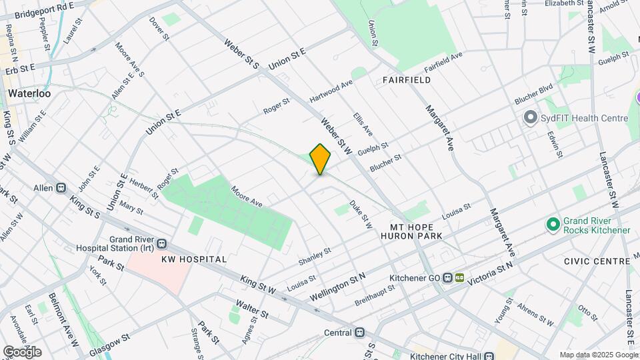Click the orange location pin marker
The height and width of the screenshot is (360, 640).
pos(320,159)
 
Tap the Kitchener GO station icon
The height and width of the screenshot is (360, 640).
pos(453,278)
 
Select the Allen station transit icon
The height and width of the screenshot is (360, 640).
pos(61,189)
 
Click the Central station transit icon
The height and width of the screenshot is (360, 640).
pos(360,333)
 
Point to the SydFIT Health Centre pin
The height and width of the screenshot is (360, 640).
pos(531,118)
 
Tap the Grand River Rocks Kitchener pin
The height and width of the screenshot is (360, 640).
pos(552,225)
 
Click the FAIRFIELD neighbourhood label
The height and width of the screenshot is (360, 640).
pos(407,80)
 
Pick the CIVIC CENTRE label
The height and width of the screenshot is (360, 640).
pos(596,261)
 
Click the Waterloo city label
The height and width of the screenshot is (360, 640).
pos(29,93)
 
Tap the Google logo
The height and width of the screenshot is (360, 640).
pos(22,351)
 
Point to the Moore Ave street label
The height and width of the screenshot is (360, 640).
pos(247,195)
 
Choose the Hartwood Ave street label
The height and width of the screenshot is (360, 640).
pos(331,93)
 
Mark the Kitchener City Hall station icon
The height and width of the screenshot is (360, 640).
pos(489,355)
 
